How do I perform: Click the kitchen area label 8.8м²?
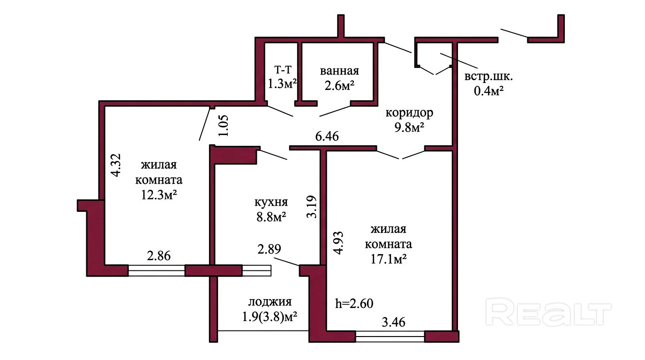[x=271, y=217]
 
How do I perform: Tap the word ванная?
[x=339, y=71]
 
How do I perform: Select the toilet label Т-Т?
[x=283, y=69]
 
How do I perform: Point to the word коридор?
[x=409, y=113]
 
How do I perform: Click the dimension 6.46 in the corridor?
[x=327, y=136]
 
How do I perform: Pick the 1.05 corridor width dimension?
[x=223, y=126]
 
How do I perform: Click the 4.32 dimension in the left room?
[x=116, y=165]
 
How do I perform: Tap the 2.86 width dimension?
[x=158, y=255]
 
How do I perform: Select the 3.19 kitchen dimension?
[x=312, y=207]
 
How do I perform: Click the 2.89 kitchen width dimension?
[x=269, y=249]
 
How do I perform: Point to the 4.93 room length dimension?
[x=338, y=242]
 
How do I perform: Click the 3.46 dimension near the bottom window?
[x=393, y=322]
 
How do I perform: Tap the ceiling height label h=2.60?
[x=354, y=304]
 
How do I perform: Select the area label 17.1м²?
[x=389, y=259]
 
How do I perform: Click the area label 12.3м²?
[x=158, y=195]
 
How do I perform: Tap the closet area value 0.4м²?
[x=488, y=91]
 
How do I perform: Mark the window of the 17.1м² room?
[x=390, y=337]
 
